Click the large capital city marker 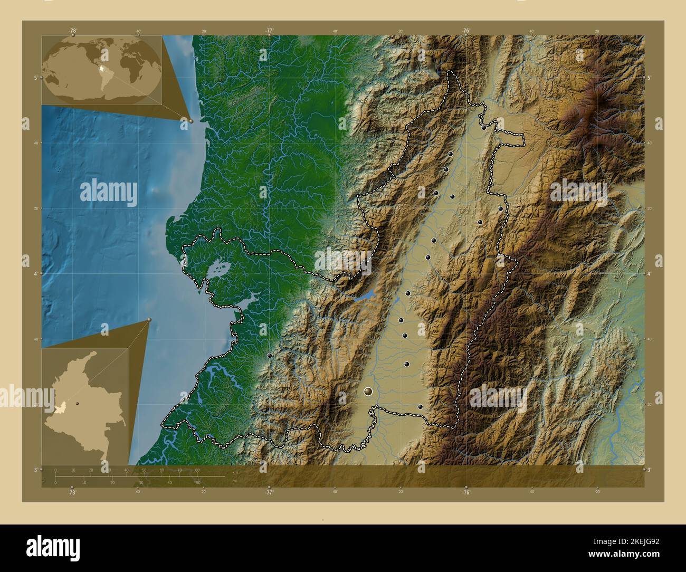point(368,392)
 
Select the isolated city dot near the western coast point(270,357)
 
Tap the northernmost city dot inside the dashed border point(483,127)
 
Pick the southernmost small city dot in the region point(420,406)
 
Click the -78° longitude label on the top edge point(72,31)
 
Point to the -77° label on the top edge point(269,31)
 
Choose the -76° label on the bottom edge point(466,492)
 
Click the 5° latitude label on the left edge point(35,78)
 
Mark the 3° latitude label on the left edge point(35,469)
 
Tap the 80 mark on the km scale point(197,470)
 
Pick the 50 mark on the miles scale point(198,482)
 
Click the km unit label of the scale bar point(235,471)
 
